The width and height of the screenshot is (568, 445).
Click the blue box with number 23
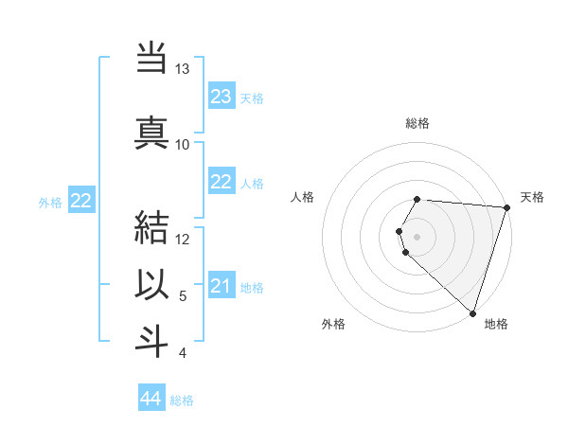pos(221,97)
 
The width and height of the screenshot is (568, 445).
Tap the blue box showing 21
pos(221,287)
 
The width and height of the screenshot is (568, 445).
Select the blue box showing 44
pos(151,399)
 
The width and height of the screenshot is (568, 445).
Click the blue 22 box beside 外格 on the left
pos(80,201)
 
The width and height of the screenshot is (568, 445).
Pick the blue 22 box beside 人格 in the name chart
pos(221,182)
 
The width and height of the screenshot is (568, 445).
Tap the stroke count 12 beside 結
pos(183,240)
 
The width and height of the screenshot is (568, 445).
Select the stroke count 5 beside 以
pos(183,296)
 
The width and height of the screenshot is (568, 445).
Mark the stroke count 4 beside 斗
pos(183,353)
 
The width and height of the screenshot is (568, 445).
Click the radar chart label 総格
pos(417,124)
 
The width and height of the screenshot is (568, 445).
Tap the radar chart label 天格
pos(532,197)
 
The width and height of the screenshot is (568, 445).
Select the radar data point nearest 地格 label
pos(472,313)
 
